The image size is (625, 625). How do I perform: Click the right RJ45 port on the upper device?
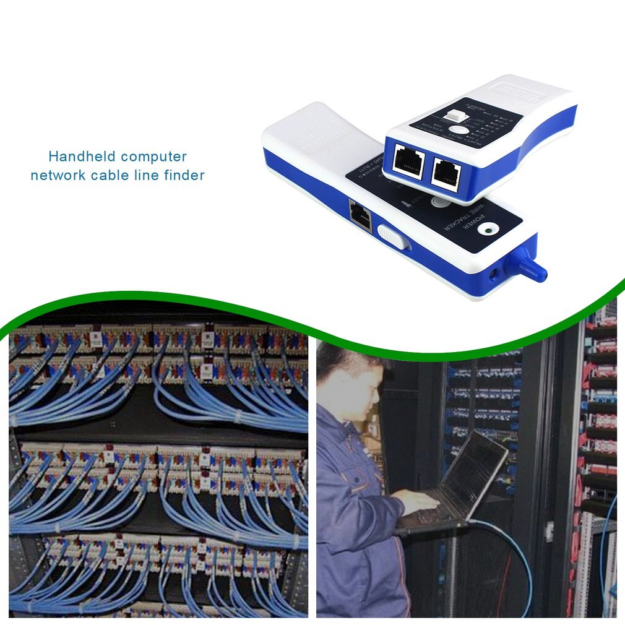[x=445, y=173]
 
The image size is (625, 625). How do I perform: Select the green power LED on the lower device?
[x=489, y=231]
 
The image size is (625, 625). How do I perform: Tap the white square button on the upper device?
[x=456, y=116]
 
